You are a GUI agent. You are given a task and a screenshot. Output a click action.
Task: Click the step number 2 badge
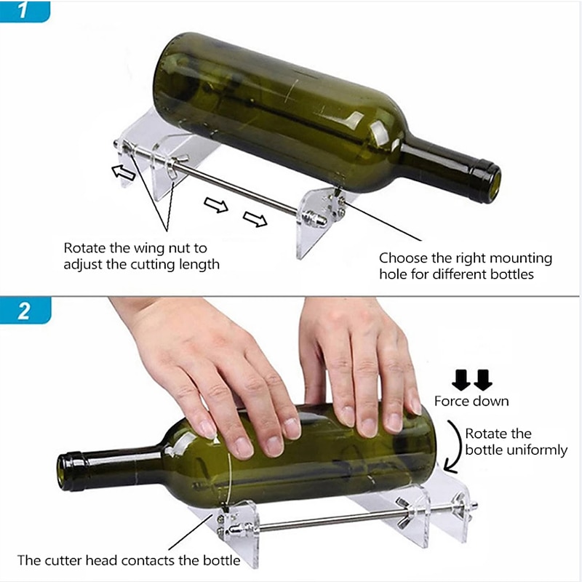(x=25, y=311)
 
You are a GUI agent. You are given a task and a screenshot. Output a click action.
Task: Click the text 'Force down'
(x=471, y=401)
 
